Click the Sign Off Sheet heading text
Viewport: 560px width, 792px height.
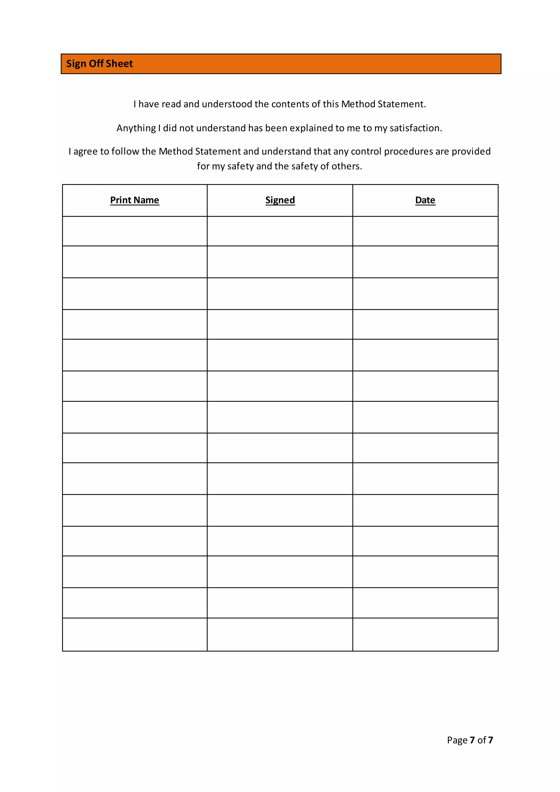coord(99,64)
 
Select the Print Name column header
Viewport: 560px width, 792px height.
coord(135,200)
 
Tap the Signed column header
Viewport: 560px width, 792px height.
coord(280,200)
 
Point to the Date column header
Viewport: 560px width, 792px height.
coord(425,200)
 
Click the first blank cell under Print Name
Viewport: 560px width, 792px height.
coord(135,231)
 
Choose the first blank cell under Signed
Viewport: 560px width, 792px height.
coord(280,231)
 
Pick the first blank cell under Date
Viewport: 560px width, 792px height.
coord(425,231)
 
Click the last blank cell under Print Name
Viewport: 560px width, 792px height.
coord(135,635)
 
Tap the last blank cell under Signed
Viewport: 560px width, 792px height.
coord(280,635)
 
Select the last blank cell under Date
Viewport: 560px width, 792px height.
coord(425,635)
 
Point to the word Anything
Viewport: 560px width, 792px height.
coord(136,128)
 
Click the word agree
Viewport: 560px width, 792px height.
coord(86,152)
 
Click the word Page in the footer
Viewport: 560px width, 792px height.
coord(457,740)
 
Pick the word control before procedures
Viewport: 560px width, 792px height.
coord(366,152)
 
